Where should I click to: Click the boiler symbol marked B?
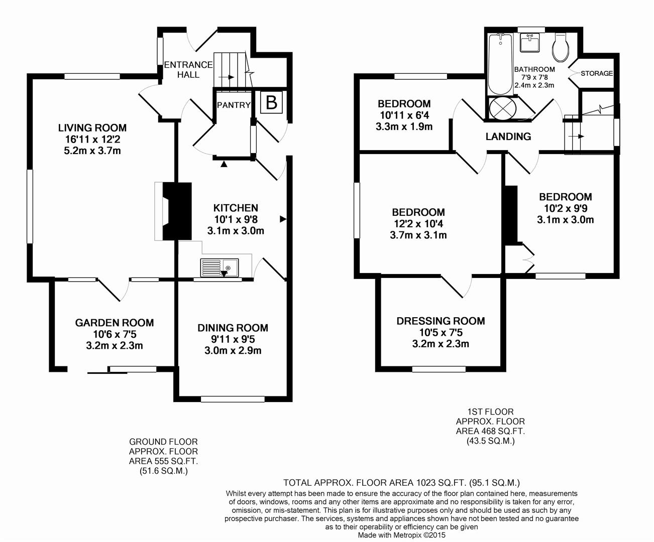tap(271, 103)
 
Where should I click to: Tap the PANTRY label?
tap(234, 105)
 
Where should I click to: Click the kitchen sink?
tap(220, 267)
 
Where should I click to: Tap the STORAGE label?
tap(597, 73)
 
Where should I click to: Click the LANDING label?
tap(508, 137)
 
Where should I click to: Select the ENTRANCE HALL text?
tap(188, 70)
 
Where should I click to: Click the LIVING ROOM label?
tap(92, 128)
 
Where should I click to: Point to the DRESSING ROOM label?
tap(441, 321)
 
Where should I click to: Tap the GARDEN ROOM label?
tap(115, 323)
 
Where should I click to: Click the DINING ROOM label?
tap(233, 328)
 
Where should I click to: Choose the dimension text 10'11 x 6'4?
tap(404, 115)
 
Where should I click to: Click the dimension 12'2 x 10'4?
tap(418, 224)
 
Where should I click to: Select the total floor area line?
tap(401, 483)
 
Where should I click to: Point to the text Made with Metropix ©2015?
tap(401, 535)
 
